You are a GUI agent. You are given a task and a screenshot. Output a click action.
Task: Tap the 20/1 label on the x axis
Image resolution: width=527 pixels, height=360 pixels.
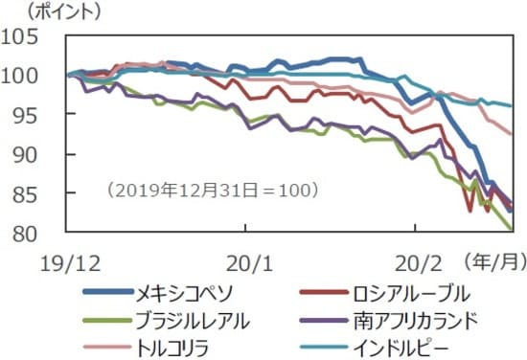click(245, 259)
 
